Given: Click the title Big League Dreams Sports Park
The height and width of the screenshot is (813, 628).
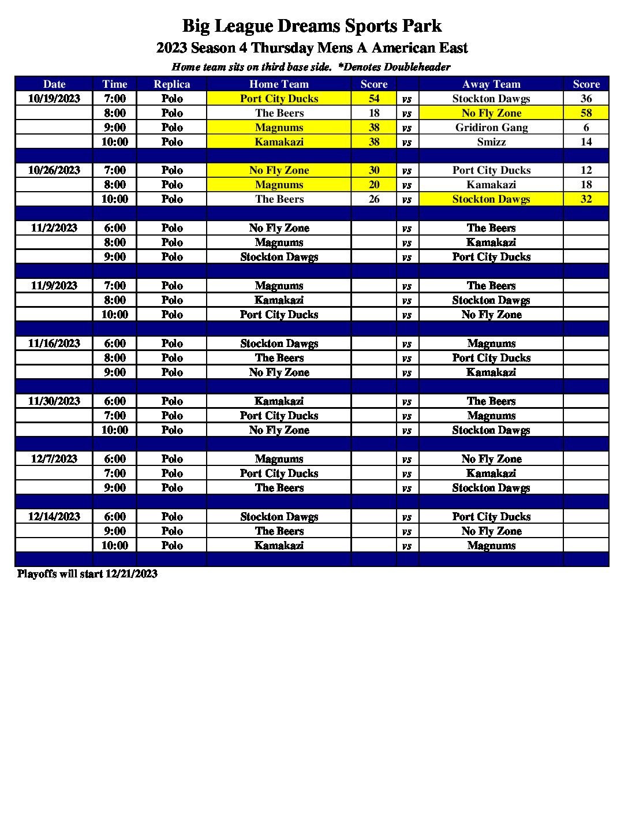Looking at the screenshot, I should [312, 26].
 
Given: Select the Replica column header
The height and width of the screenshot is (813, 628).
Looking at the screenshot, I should [171, 84].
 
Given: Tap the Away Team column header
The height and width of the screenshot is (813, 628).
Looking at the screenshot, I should [491, 84].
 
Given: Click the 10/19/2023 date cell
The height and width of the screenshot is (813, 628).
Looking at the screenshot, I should [54, 99].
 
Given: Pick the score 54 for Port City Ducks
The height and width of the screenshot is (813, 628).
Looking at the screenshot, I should [374, 99].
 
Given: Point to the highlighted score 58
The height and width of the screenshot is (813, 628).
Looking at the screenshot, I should [586, 113].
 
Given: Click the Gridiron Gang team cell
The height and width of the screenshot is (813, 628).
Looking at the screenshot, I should [491, 128].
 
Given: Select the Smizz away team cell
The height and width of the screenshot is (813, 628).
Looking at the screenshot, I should [491, 142].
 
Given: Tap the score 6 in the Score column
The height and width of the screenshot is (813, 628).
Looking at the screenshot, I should [586, 128].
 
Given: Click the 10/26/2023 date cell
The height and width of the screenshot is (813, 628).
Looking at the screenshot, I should [54, 170].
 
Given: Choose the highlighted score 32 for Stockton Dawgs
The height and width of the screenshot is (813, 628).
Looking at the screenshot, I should [586, 199].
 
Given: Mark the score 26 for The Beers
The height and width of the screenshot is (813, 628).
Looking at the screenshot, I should [374, 199].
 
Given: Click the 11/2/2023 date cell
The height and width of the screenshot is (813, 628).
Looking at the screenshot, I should [54, 228].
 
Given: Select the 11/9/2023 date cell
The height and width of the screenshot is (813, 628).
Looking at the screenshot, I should [54, 286].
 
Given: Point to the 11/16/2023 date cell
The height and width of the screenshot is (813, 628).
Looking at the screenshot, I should [54, 344].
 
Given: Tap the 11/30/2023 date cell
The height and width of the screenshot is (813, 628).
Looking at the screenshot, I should [54, 401].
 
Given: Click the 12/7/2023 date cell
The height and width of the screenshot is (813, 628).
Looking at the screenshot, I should [54, 459].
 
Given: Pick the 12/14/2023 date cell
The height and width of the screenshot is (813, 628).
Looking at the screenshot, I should [54, 517].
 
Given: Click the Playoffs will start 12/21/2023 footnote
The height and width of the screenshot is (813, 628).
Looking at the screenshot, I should [87, 574].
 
